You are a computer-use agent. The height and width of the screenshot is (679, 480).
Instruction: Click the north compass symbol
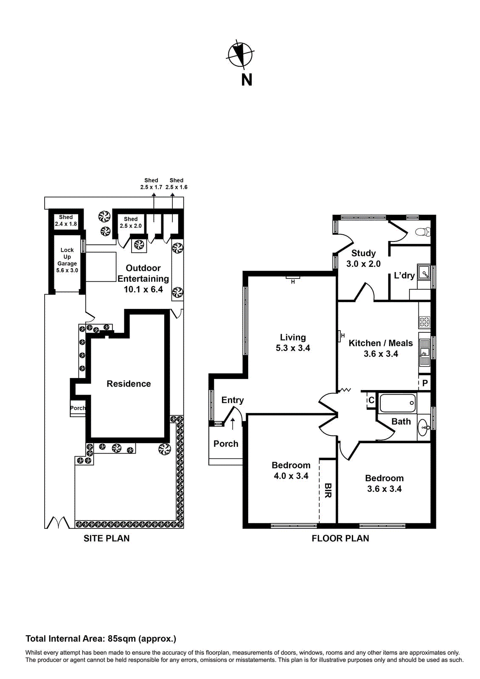click(241, 54)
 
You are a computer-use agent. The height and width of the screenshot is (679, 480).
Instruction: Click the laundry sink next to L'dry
click(424, 272)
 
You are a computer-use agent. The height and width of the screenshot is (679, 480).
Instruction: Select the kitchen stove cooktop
click(424, 322)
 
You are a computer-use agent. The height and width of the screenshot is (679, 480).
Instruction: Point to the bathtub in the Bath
click(397, 403)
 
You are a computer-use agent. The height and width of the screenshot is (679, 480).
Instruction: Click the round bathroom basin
click(424, 428)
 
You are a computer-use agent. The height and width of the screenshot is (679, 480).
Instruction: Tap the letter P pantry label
click(425, 383)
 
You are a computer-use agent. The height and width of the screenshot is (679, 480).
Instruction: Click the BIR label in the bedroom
click(328, 490)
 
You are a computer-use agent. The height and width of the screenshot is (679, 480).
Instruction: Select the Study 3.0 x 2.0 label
click(363, 258)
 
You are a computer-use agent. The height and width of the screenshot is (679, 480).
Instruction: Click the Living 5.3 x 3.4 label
click(293, 342)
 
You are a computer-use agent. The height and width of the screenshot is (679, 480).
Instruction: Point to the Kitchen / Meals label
click(381, 343)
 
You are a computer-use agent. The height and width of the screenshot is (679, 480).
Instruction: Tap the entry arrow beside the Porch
click(233, 423)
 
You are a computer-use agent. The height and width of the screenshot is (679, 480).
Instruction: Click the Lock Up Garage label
click(67, 260)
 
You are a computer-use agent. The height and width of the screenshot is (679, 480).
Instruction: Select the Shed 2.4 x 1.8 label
click(66, 220)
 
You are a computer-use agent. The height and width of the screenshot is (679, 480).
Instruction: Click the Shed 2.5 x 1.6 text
click(176, 184)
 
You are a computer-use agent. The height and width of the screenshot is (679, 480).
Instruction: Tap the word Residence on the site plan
click(129, 384)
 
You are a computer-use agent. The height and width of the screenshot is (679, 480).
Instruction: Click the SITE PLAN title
click(107, 538)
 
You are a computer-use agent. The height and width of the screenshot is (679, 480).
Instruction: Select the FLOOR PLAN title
click(340, 538)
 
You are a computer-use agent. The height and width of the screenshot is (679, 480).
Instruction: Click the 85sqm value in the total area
click(122, 639)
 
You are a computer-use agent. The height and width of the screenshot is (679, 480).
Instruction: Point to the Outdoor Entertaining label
click(143, 278)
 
